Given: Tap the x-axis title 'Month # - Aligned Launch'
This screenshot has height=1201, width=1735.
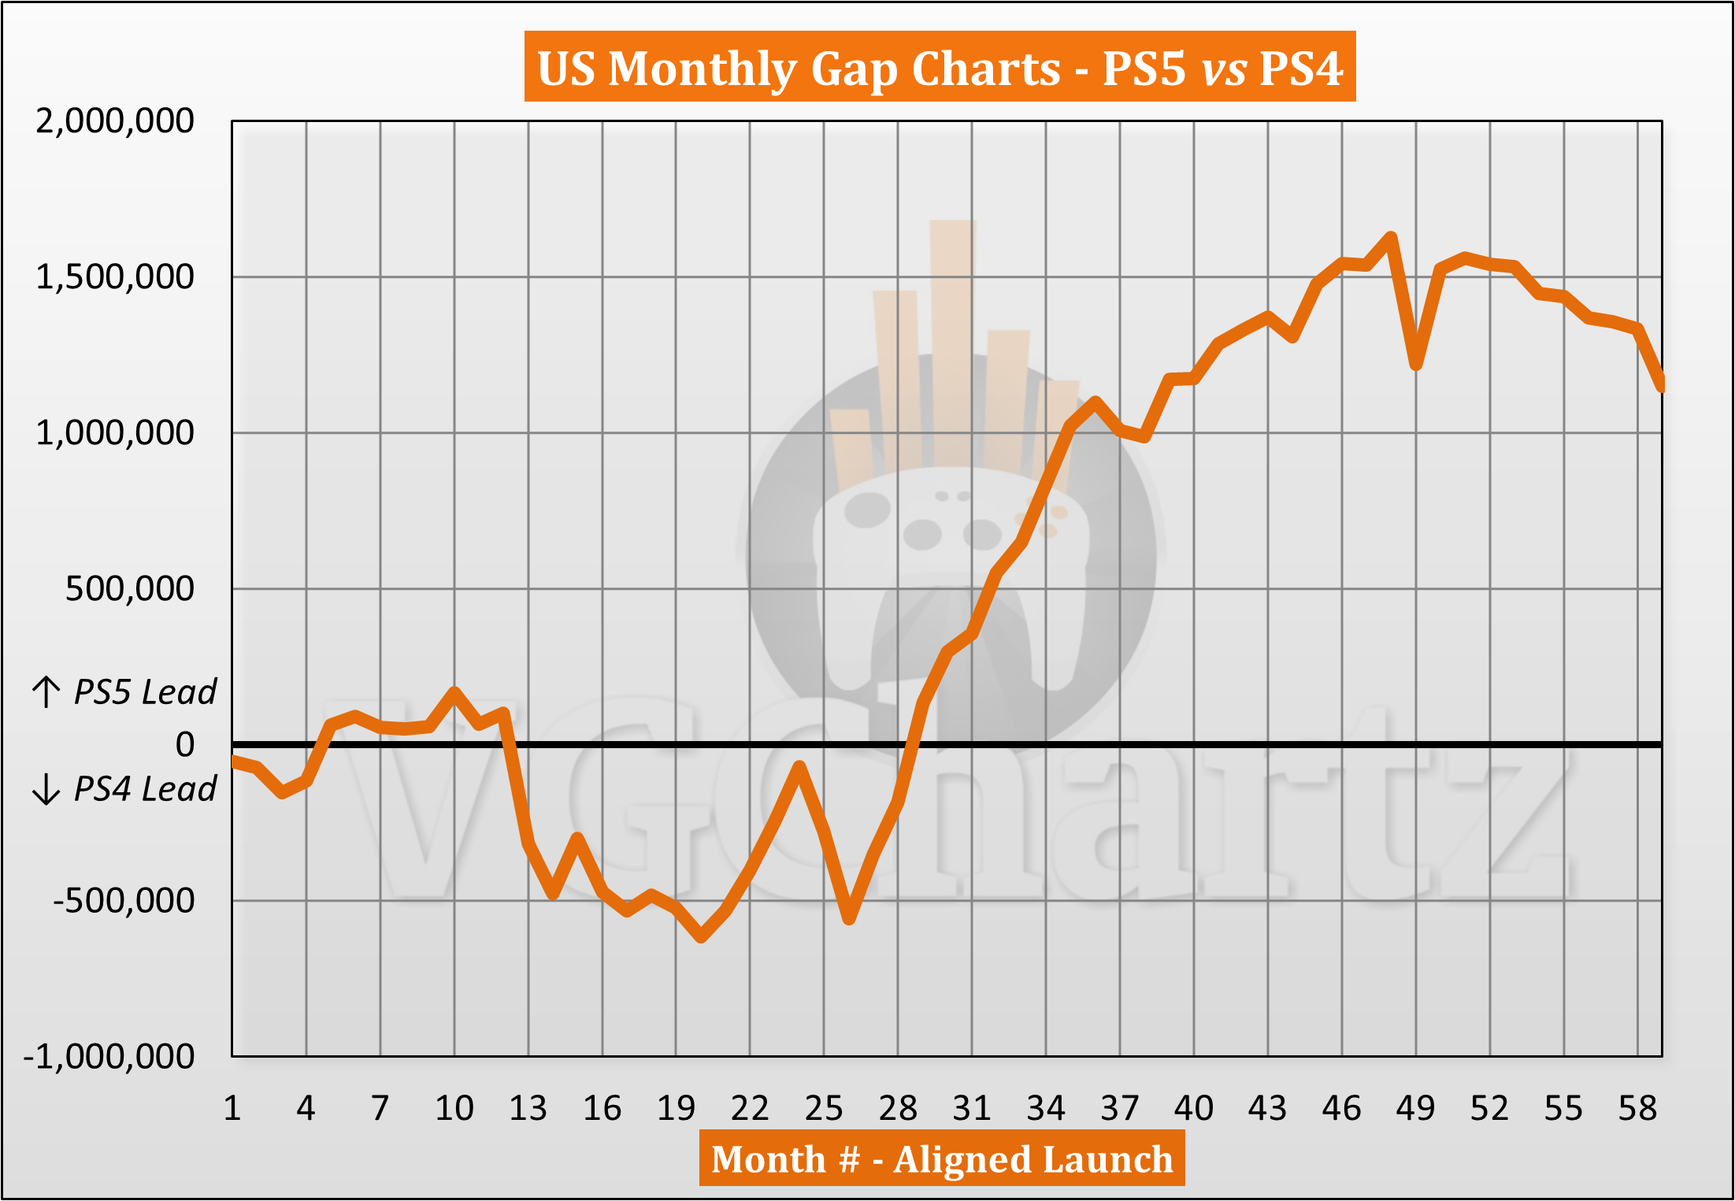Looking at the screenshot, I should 942,1158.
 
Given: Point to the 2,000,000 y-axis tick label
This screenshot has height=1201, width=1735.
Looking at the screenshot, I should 115,121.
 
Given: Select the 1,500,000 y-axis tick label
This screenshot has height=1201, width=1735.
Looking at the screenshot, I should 115,277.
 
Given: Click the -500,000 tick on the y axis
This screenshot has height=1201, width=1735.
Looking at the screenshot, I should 124,900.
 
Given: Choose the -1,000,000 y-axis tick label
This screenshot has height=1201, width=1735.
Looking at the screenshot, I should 109,1056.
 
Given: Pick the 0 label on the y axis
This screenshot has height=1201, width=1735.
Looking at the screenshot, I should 185,744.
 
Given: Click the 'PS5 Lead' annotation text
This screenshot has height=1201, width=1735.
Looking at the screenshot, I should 144,692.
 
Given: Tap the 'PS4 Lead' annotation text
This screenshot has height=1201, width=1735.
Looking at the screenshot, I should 144,789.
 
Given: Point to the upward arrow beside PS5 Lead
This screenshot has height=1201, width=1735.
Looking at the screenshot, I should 46,692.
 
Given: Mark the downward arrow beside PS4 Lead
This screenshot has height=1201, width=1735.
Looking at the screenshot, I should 46,789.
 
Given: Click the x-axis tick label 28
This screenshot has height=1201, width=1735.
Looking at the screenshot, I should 898,1108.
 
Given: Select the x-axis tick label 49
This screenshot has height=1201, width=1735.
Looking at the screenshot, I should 1415,1108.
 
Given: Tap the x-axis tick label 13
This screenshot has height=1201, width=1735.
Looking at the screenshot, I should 528,1108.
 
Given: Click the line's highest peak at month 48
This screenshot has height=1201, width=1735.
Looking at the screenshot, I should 1391,237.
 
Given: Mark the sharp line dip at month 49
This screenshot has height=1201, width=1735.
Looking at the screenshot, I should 1416,365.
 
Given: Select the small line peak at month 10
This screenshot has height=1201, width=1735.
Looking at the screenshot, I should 454,692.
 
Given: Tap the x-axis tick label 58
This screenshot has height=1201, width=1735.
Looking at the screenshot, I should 1637,1108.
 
